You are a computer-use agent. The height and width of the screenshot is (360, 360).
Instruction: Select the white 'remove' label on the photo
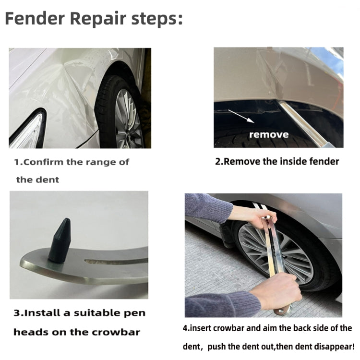[269, 134]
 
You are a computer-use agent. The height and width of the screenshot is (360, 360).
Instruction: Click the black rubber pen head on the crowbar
[60, 240]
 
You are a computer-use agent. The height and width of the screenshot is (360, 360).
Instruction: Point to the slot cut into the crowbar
[115, 261]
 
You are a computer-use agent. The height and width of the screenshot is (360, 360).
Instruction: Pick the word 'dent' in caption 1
[51, 180]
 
